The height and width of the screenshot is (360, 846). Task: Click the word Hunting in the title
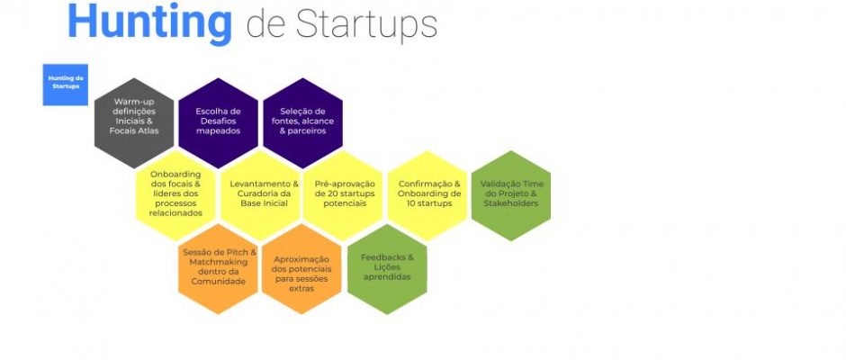(150, 22)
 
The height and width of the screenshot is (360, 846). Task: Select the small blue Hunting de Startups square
(66, 85)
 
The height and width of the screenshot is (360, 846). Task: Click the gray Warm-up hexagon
(134, 123)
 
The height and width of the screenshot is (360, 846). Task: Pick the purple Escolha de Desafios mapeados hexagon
(218, 123)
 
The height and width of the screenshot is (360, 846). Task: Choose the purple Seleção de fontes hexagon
(302, 123)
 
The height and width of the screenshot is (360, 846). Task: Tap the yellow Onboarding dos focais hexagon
(175, 194)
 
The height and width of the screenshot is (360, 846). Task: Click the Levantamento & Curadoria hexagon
(260, 194)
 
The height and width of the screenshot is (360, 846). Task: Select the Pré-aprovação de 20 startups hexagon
(343, 194)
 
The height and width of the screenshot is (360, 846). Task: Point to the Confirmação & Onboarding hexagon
(427, 194)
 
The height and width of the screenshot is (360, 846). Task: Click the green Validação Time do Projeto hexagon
(511, 194)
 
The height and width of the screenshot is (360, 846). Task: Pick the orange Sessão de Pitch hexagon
(218, 269)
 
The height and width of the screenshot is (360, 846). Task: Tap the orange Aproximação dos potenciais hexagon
(301, 269)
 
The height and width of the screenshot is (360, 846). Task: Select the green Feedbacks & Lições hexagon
(387, 269)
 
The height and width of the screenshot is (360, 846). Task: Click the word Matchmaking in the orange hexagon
(219, 262)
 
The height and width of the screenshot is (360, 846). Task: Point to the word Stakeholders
(511, 203)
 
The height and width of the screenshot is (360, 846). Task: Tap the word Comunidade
(218, 281)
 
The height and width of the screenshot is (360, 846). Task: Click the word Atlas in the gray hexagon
(148, 130)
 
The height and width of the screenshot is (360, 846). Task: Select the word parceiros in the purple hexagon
(307, 130)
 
